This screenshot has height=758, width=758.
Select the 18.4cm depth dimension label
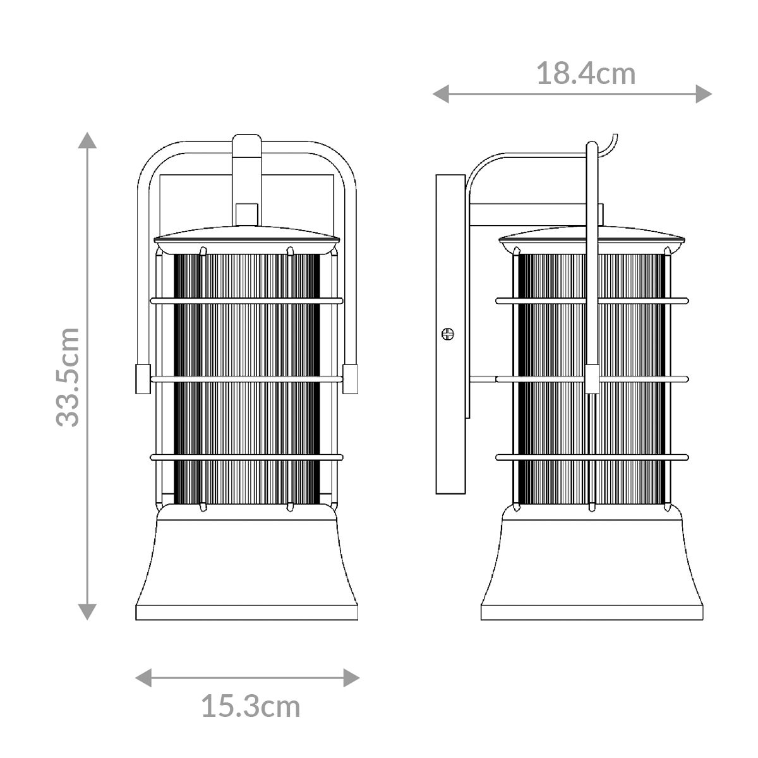tap(586, 74)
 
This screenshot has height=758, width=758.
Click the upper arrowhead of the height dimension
tap(87, 140)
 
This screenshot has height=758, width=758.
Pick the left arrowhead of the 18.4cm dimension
tap(441, 94)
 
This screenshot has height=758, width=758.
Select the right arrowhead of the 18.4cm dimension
tap(704, 94)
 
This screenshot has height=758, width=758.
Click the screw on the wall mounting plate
tap(448, 334)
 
